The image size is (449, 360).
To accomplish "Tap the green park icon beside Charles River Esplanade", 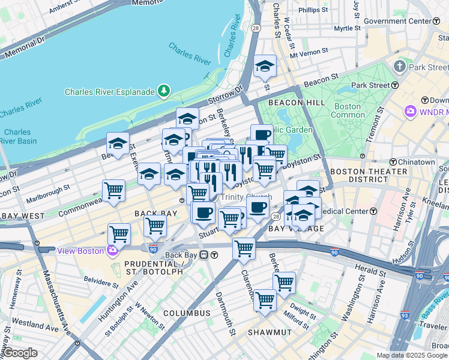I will [x=164, y=91].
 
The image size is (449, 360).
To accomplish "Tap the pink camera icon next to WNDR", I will [x=411, y=111].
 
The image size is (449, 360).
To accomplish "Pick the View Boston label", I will [x=82, y=250].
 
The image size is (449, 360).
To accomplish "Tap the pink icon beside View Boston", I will [x=112, y=250].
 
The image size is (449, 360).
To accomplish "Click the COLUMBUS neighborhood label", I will [x=187, y=313].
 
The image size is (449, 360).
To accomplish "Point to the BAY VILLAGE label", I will [x=296, y=229].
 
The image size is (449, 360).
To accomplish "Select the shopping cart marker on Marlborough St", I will [x=113, y=191].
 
